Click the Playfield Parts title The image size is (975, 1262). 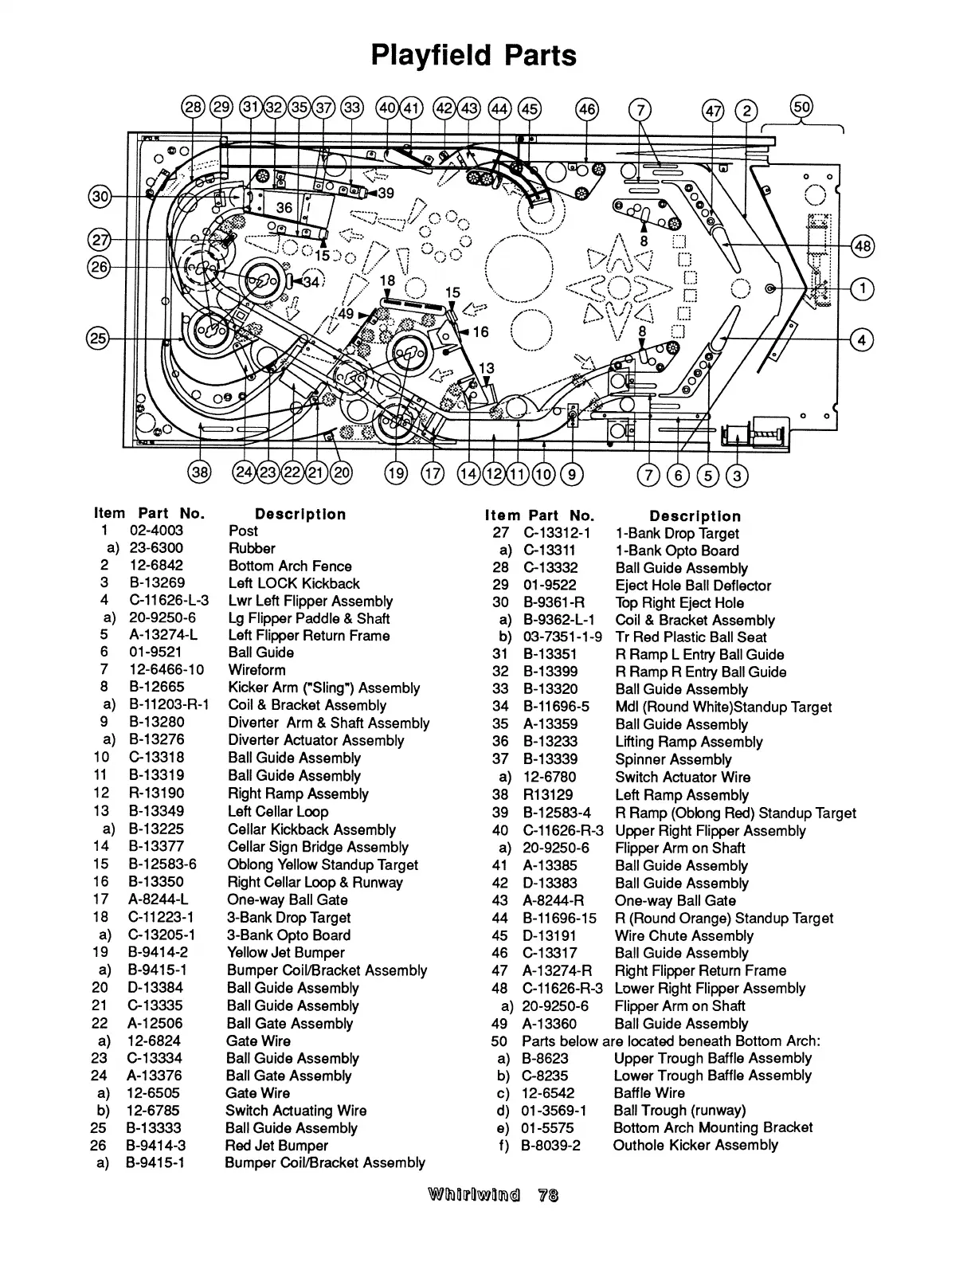[473, 56]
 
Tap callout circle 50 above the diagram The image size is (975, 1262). [801, 106]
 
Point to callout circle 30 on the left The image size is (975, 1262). [100, 196]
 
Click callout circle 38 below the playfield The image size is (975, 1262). [198, 473]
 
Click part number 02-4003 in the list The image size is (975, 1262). [156, 531]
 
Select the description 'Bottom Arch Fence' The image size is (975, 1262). [290, 566]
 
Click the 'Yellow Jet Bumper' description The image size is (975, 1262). [285, 952]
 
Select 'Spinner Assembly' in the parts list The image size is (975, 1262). [673, 759]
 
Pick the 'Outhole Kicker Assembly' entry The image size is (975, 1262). [695, 1145]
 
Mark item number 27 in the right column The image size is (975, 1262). [500, 533]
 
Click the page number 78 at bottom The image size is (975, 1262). [548, 1195]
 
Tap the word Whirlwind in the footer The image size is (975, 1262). [474, 1195]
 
